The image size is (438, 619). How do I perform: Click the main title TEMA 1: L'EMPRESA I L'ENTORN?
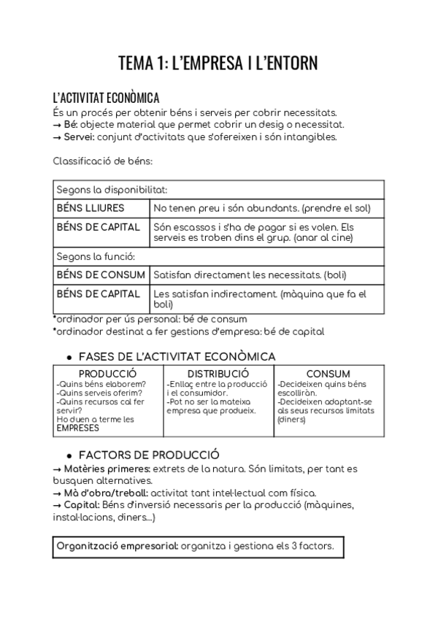point(218,64)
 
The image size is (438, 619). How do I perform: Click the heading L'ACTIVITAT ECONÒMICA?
point(107,98)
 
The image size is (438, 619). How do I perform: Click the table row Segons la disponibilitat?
point(112,189)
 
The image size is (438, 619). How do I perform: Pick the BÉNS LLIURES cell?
point(90,208)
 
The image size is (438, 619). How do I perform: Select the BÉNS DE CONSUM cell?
point(99,274)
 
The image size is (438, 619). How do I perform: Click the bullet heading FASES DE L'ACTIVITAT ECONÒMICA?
point(177,356)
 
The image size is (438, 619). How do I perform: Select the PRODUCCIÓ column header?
point(107,374)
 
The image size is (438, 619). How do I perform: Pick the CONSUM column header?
point(328,374)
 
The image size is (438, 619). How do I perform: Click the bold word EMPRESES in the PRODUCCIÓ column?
point(77,428)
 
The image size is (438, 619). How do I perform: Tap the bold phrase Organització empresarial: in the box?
point(117,547)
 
